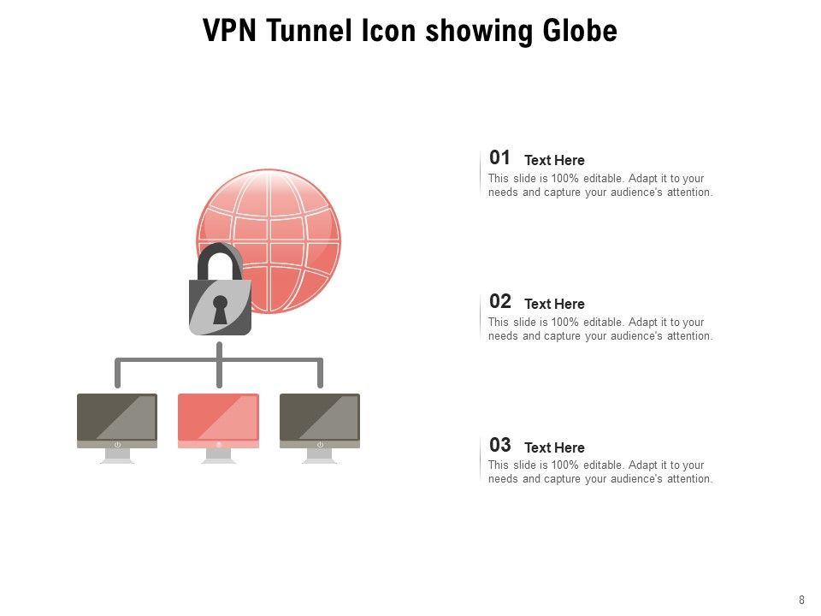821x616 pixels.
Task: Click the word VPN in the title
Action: pyautogui.click(x=231, y=32)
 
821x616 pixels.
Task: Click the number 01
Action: pyautogui.click(x=499, y=157)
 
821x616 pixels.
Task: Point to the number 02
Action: pyautogui.click(x=499, y=301)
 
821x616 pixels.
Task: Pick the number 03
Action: pyautogui.click(x=499, y=445)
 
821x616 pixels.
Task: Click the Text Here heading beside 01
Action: pyautogui.click(x=554, y=160)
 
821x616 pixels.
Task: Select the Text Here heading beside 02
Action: pyautogui.click(x=554, y=304)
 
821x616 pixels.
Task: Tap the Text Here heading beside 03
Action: pyautogui.click(x=554, y=447)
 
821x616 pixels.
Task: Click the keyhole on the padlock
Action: pyautogui.click(x=220, y=309)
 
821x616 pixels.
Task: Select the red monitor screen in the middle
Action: pyautogui.click(x=218, y=416)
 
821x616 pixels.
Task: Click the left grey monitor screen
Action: pyautogui.click(x=117, y=416)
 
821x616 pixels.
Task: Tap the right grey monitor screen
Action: pyautogui.click(x=320, y=416)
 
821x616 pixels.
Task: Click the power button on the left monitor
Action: pyautogui.click(x=117, y=445)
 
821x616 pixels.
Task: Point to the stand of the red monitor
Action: pyautogui.click(x=218, y=456)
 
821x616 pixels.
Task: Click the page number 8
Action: pyautogui.click(x=801, y=600)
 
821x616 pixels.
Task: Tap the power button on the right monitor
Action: pyautogui.click(x=320, y=445)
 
